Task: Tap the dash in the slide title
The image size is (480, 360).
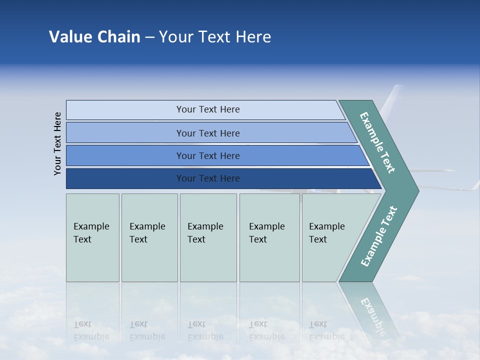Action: coord(149,37)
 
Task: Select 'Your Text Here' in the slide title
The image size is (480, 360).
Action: coord(215,37)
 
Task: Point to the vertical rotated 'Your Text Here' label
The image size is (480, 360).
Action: coord(57,143)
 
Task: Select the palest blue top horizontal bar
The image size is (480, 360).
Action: coord(205,110)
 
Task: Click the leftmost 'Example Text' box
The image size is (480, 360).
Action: coord(92,237)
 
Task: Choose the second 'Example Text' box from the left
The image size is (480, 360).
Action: coord(149,237)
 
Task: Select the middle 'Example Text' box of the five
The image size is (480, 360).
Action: coord(208,237)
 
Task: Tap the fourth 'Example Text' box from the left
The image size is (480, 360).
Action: coord(269,237)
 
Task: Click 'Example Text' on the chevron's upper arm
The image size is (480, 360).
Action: coord(377,142)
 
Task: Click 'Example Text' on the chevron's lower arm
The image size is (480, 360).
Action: coord(378,236)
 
